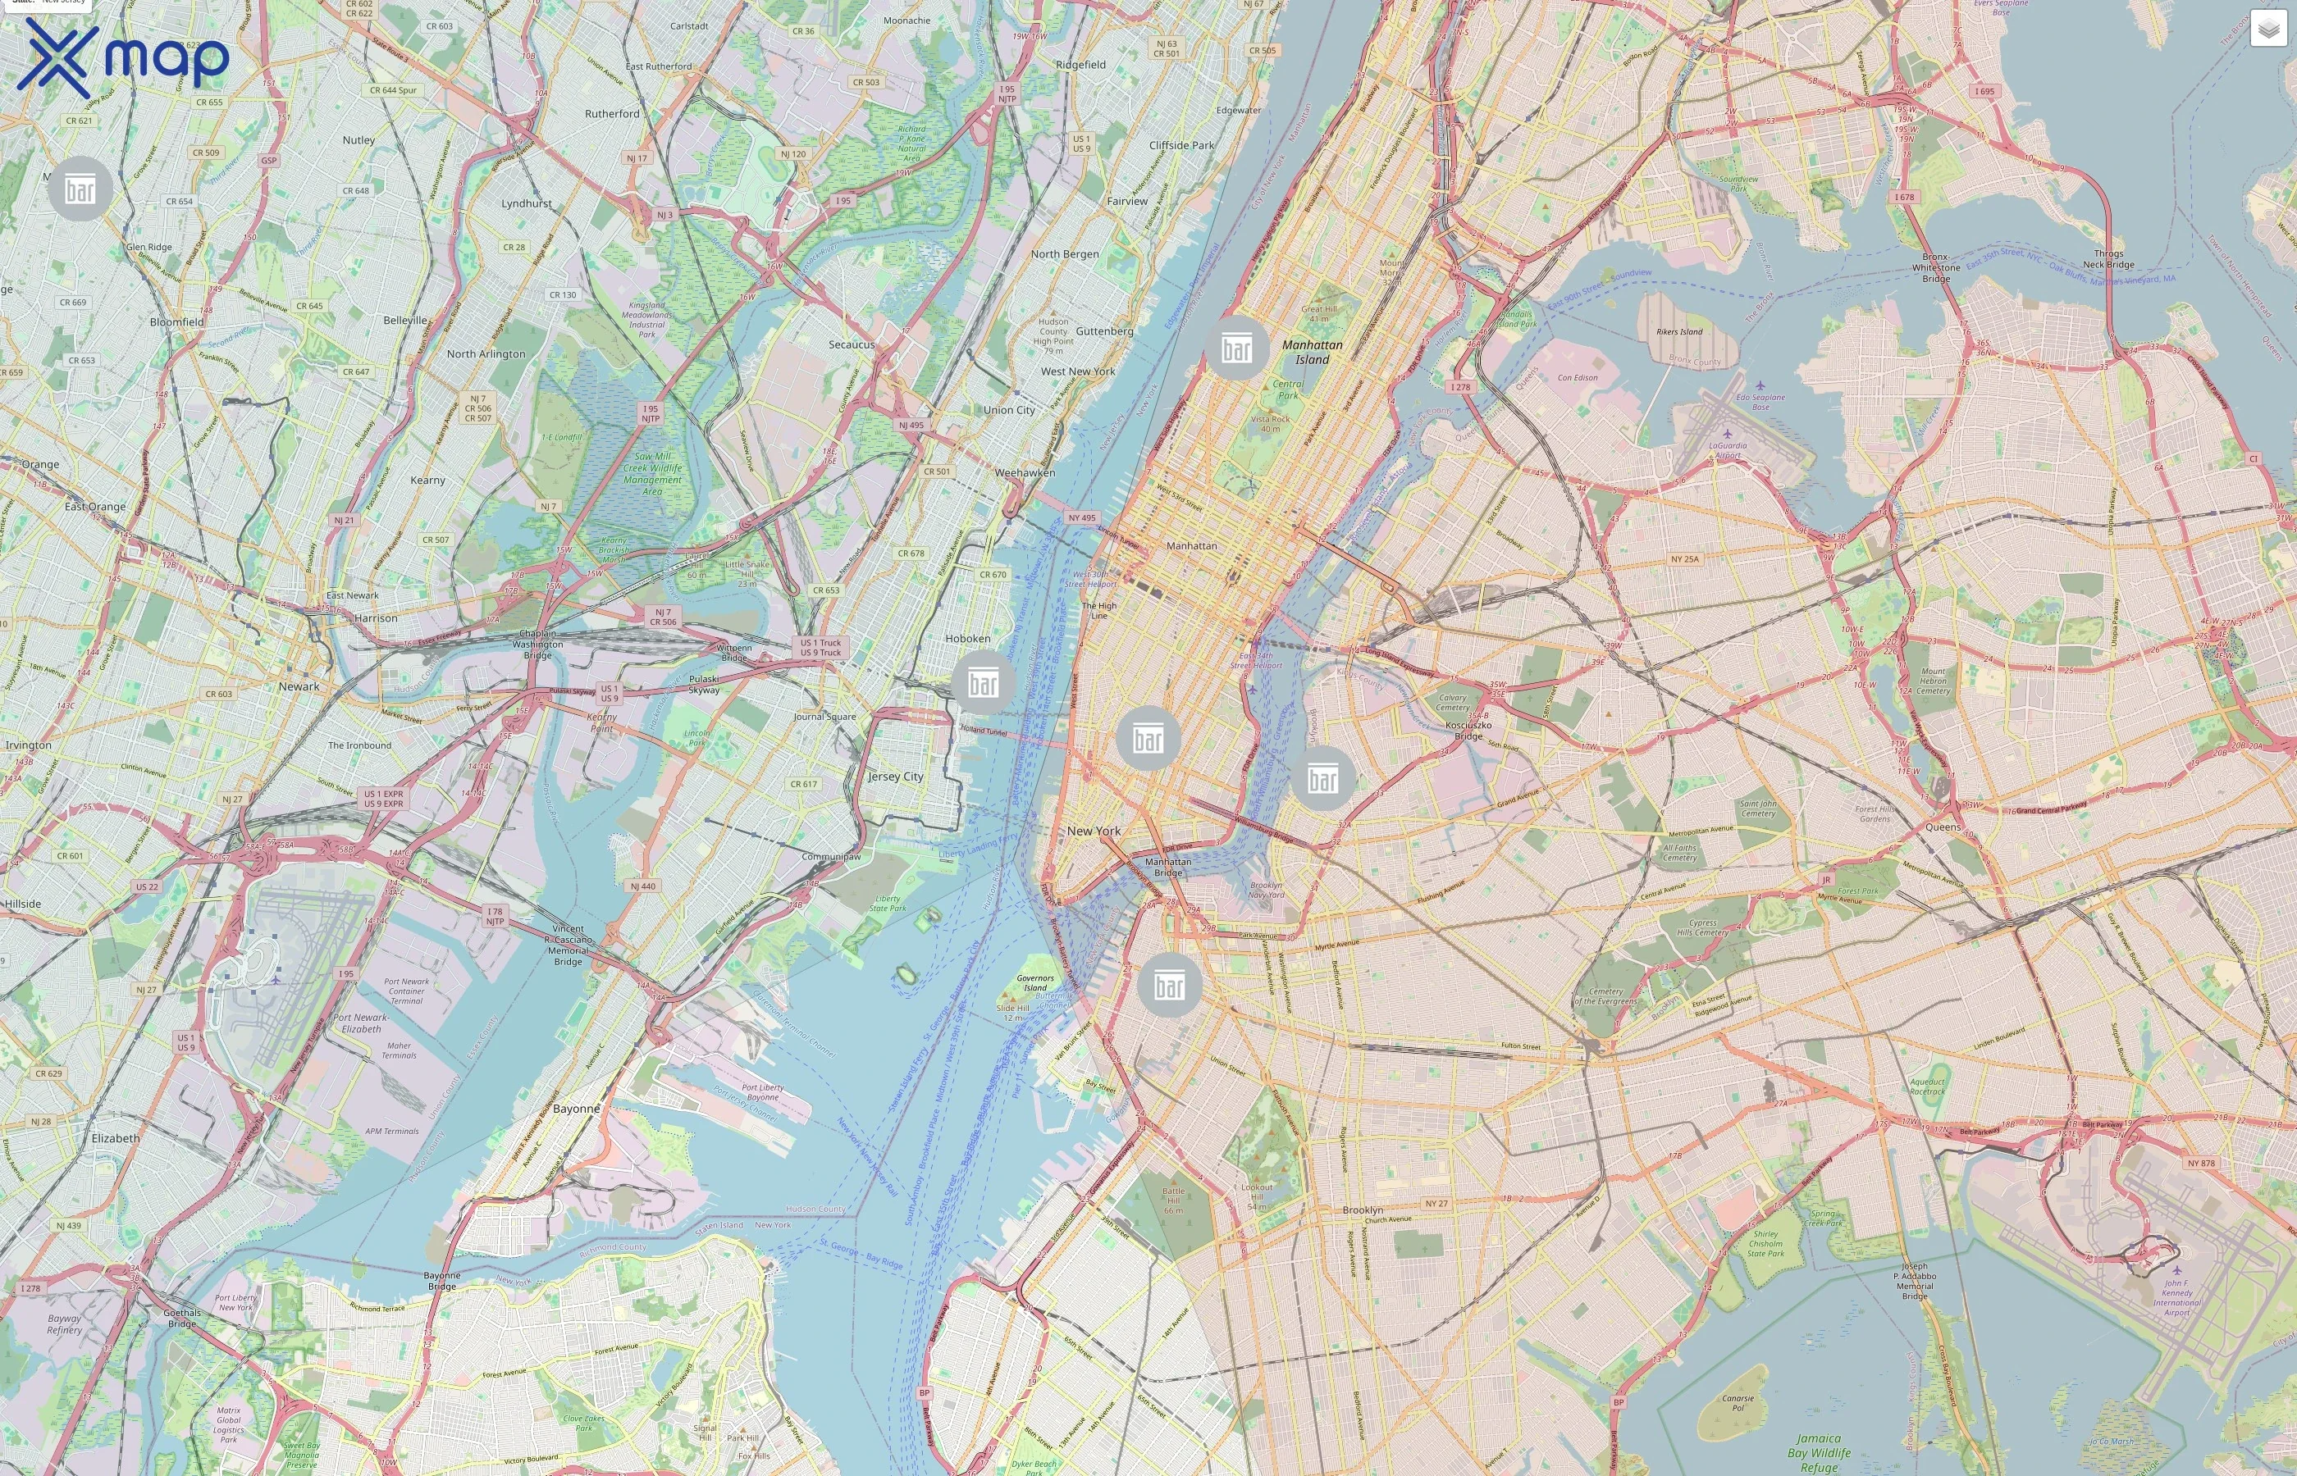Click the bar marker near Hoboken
(x=983, y=682)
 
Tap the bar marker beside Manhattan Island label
(x=1237, y=348)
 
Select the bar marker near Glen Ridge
(x=80, y=189)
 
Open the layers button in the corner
(x=2268, y=29)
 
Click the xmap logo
(x=125, y=58)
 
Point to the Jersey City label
(x=895, y=777)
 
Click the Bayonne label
(x=576, y=1108)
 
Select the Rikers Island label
(x=1678, y=331)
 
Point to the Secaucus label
(x=852, y=344)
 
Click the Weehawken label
(x=1025, y=472)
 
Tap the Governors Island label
(x=1035, y=982)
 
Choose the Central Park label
(x=1287, y=389)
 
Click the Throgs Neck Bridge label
(x=2108, y=259)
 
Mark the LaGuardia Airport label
(x=1728, y=449)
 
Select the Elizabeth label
(x=115, y=1137)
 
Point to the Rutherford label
(x=612, y=113)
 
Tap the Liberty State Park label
(x=887, y=903)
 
